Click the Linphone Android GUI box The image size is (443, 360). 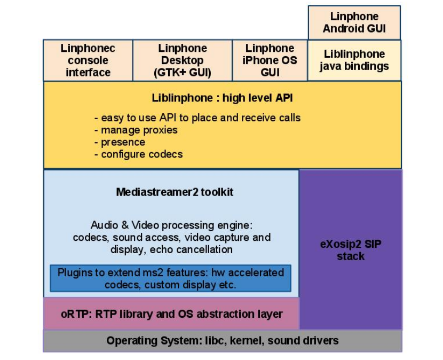tap(354, 22)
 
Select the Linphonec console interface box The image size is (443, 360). tap(88, 60)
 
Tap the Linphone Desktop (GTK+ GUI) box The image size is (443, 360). tap(182, 60)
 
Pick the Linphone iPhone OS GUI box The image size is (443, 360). tap(270, 60)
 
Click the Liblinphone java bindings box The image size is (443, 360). tap(354, 60)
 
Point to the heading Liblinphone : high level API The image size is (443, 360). tap(222, 98)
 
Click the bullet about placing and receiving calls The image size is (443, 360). tap(197, 118)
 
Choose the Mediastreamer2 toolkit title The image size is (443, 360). tap(175, 192)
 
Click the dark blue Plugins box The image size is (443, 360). tap(170, 278)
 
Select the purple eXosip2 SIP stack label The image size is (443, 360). tap(351, 250)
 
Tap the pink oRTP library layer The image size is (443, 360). tap(171, 314)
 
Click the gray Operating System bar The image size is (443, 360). tap(222, 341)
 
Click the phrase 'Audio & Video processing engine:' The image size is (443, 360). tap(171, 225)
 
